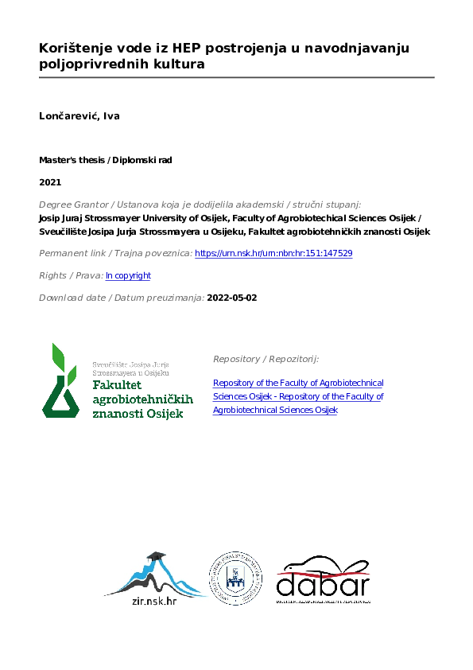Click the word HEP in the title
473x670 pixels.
click(x=161, y=49)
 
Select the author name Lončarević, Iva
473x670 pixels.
click(x=79, y=116)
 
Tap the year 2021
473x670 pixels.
click(x=50, y=182)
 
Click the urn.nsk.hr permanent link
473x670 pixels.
click(x=273, y=253)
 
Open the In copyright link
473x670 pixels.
click(x=128, y=275)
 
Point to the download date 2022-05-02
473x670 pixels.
click(x=231, y=298)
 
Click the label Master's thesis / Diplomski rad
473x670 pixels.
click(x=105, y=160)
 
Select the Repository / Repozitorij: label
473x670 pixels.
click(x=266, y=359)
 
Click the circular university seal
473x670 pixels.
click(x=237, y=578)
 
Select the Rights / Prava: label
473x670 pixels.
click(x=71, y=275)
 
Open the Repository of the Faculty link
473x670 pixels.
click(x=298, y=396)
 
